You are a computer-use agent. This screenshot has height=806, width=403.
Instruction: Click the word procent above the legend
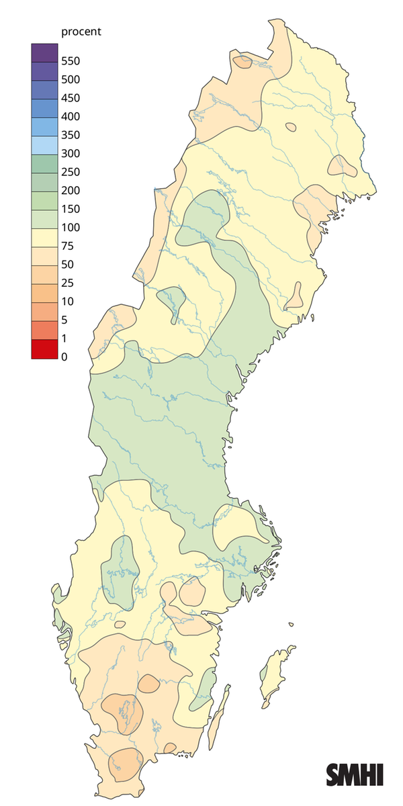[x=81, y=32]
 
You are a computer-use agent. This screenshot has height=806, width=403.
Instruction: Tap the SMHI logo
[x=355, y=774]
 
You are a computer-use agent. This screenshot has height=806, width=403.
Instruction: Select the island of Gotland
[x=275, y=675]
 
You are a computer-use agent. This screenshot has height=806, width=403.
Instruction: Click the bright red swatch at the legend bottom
[x=44, y=349]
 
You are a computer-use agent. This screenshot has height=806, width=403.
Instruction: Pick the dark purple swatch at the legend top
[x=44, y=52]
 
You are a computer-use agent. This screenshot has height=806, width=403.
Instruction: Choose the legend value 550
[x=71, y=61]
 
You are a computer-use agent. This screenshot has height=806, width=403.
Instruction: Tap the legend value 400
[x=71, y=117]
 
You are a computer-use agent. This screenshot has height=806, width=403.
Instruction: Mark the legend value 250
[x=71, y=172]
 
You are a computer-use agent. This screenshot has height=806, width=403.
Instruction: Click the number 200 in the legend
[x=71, y=191]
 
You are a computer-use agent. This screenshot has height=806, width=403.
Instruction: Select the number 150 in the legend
[x=71, y=209]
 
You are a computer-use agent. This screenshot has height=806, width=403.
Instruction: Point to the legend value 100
[x=71, y=228]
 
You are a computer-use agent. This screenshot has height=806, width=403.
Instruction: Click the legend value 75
[x=67, y=246]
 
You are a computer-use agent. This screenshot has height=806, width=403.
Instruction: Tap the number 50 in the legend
[x=67, y=265]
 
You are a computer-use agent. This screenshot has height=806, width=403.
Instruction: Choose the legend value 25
[x=67, y=283]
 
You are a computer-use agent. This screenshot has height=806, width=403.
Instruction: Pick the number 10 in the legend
[x=67, y=302]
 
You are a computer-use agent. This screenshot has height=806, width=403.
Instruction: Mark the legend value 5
[x=64, y=320]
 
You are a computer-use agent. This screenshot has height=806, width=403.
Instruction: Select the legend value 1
[x=64, y=339]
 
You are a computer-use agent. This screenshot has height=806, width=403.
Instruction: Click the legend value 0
[x=64, y=357]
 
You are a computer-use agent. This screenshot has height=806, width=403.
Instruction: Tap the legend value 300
[x=71, y=154]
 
